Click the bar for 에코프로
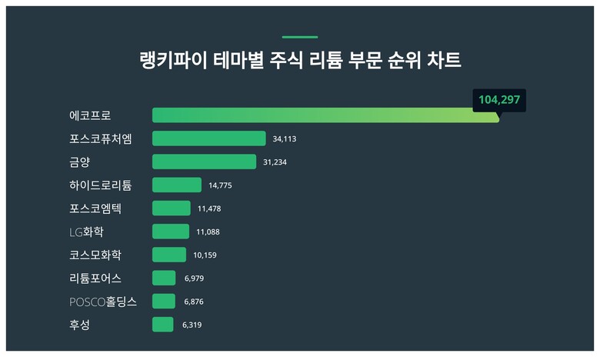click(325, 115)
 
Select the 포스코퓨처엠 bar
click(209, 138)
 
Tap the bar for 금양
click(205, 162)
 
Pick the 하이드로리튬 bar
click(177, 185)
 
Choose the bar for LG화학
click(171, 232)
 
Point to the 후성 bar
click(162, 325)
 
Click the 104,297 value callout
click(499, 100)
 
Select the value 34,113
click(285, 139)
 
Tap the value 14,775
click(220, 185)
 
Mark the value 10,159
click(205, 255)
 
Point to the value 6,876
click(194, 302)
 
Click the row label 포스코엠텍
click(95, 208)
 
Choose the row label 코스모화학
click(95, 255)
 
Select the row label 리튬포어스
click(95, 278)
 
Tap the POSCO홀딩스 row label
click(103, 302)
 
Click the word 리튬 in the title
click(325, 61)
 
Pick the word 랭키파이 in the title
click(173, 61)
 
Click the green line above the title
click(300, 37)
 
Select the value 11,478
click(209, 209)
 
